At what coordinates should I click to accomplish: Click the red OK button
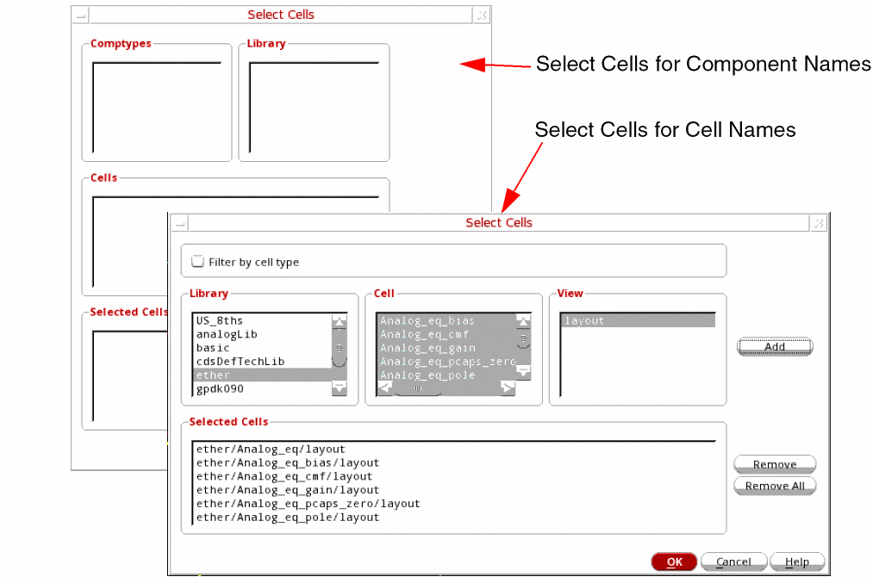tap(674, 561)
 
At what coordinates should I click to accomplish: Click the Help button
tap(796, 561)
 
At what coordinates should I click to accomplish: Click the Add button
tap(775, 346)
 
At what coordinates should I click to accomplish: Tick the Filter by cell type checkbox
tap(197, 262)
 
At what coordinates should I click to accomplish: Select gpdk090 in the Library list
tap(220, 389)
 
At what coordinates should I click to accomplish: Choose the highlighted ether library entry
tap(213, 375)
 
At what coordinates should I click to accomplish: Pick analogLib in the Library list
tap(227, 334)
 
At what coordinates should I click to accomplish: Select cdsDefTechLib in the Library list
tap(240, 362)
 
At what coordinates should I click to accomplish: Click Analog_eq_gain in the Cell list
tap(427, 348)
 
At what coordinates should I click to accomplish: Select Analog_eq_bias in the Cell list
tap(427, 321)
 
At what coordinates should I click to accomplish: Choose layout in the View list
tap(584, 320)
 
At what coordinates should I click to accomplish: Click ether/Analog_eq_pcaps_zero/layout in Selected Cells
tap(308, 504)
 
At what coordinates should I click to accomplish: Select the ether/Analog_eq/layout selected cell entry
tap(271, 449)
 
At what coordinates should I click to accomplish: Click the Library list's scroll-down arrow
tap(339, 388)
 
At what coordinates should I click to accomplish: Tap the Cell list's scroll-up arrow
tap(523, 321)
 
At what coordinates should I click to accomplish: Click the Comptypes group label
tap(121, 43)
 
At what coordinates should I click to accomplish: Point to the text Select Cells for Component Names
tap(703, 64)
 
